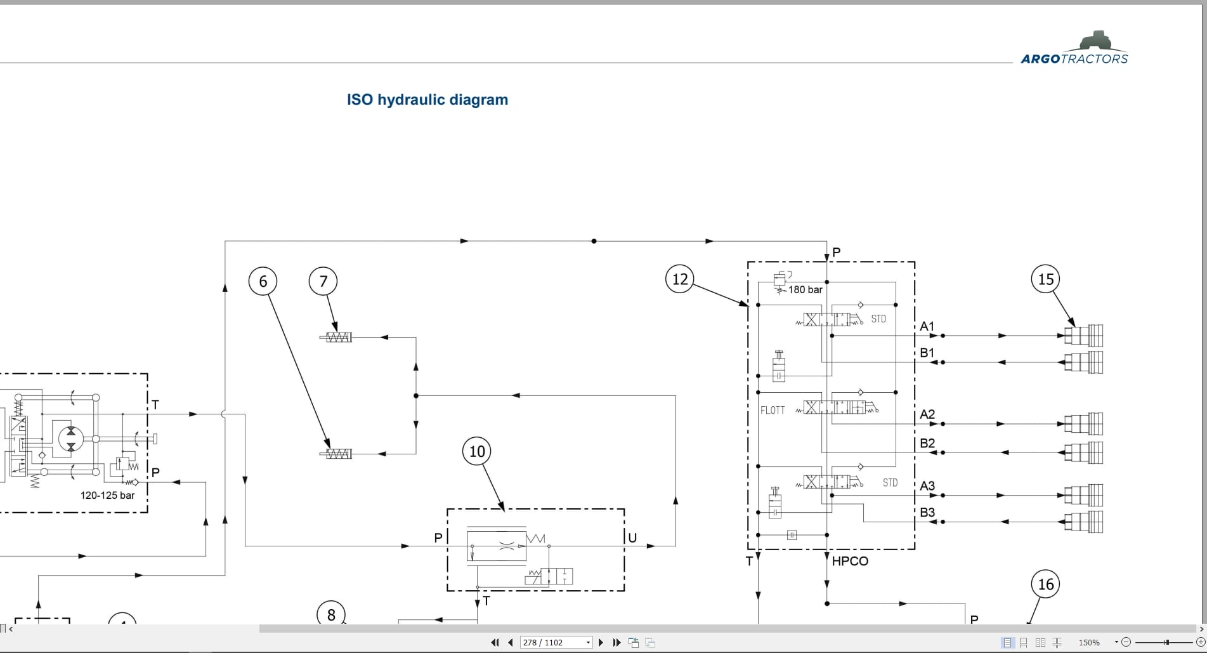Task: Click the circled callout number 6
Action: tap(263, 281)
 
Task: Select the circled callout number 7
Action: tap(323, 281)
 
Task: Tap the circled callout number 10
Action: tap(477, 451)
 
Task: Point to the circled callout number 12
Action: tap(680, 279)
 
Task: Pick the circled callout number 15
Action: tap(1046, 279)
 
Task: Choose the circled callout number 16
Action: tap(1046, 584)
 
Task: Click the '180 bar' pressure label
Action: tap(806, 289)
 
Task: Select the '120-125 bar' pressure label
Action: tap(107, 495)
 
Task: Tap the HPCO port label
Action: tap(850, 561)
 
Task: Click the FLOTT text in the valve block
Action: tap(773, 411)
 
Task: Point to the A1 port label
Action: tap(927, 326)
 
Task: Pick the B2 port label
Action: tap(927, 443)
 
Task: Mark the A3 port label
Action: tap(927, 485)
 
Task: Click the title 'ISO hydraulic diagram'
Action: tap(427, 100)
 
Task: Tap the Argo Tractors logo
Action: tap(1074, 48)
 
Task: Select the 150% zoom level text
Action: tap(1089, 642)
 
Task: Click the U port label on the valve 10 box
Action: tap(632, 538)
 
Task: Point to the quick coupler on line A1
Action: tap(1083, 335)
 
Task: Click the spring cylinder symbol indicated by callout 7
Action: tap(336, 338)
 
